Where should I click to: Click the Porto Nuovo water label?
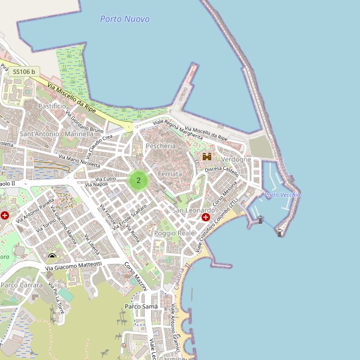click(125, 19)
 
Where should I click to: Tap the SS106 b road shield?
click(24, 72)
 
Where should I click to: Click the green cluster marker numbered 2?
click(139, 180)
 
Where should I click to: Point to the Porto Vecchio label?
click(282, 195)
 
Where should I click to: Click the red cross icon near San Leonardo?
click(206, 217)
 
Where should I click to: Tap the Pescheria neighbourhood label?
click(161, 146)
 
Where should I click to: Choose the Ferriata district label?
click(169, 174)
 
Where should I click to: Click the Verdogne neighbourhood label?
click(236, 160)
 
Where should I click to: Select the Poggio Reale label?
click(175, 233)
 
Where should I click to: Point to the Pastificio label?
click(52, 106)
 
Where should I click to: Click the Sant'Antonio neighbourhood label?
click(40, 134)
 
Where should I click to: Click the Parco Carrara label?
click(22, 285)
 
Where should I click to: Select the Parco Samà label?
click(141, 307)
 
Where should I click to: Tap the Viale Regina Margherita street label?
click(178, 128)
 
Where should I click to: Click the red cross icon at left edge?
click(5, 215)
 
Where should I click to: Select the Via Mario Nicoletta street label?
click(79, 160)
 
